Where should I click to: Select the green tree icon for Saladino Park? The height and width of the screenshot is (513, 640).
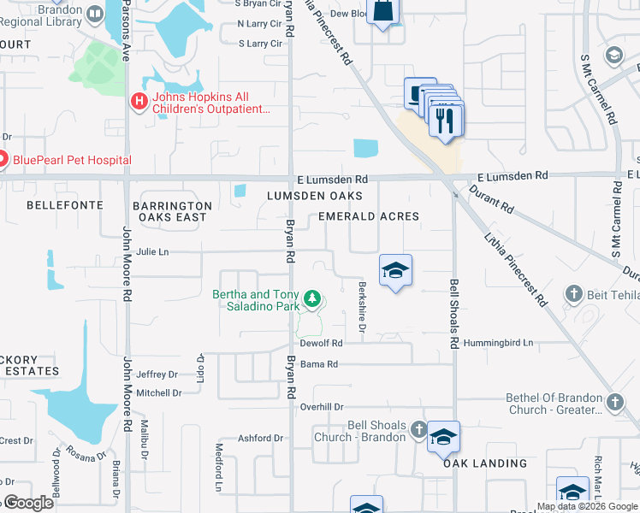pyautogui.click(x=313, y=299)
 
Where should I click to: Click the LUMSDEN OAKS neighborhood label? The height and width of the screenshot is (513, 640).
pyautogui.click(x=310, y=197)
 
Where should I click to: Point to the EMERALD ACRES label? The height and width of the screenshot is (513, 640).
pyautogui.click(x=369, y=216)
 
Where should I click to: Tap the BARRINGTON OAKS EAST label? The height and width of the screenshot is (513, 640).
pyautogui.click(x=173, y=211)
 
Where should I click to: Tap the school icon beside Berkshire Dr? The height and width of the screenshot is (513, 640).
pyautogui.click(x=394, y=270)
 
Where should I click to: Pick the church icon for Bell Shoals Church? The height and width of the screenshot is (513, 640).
pyautogui.click(x=418, y=429)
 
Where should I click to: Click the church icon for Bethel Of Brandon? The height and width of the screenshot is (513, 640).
pyautogui.click(x=614, y=402)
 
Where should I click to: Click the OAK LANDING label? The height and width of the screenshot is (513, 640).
pyautogui.click(x=485, y=463)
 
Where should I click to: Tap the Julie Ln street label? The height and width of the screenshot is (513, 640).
pyautogui.click(x=152, y=252)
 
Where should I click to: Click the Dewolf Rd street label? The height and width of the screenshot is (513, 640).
pyautogui.click(x=322, y=343)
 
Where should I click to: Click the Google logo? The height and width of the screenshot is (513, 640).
pyautogui.click(x=28, y=504)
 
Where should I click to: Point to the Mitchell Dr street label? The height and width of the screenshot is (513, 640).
pyautogui.click(x=159, y=393)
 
